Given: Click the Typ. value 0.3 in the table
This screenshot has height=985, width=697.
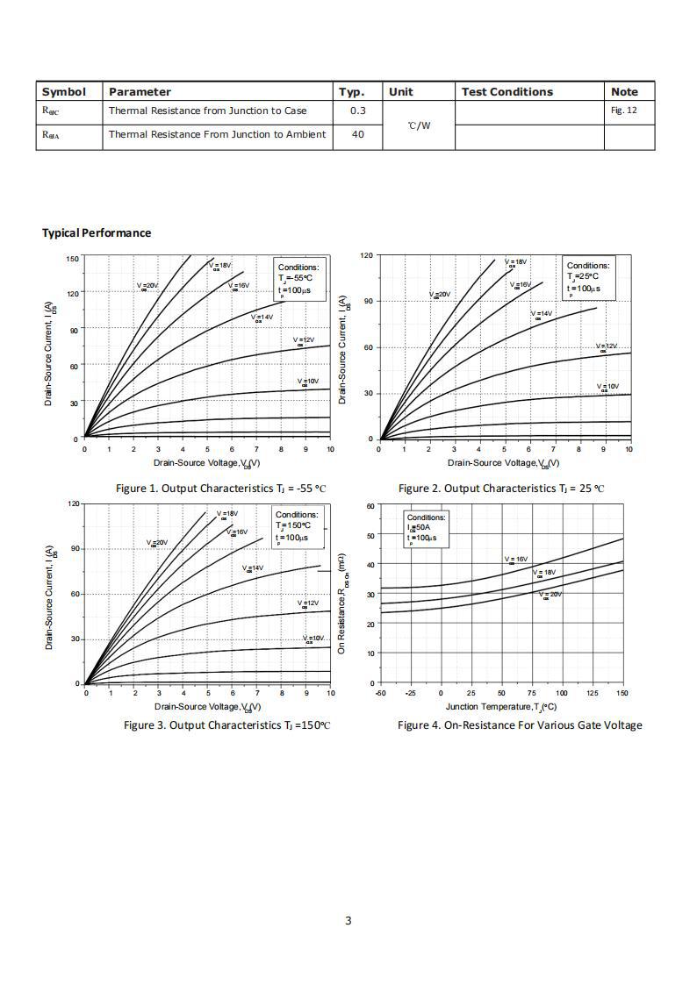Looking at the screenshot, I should coord(357,111).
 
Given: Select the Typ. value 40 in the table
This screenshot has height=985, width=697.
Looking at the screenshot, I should coord(357,134).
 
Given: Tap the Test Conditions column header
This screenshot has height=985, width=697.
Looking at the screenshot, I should coord(507,92).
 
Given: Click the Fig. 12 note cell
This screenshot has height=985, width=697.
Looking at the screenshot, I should coord(623,111).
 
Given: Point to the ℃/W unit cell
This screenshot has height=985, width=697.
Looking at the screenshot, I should coord(419,125).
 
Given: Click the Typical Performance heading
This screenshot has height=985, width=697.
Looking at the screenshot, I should coord(97,233).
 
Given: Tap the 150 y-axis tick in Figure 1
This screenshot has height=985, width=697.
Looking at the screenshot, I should coord(73,259).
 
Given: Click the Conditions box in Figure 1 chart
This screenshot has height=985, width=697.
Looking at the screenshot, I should coord(299,278).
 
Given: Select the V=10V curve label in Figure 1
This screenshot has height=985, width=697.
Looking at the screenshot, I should coord(308,382).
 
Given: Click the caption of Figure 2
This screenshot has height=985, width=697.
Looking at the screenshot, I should coord(501,489).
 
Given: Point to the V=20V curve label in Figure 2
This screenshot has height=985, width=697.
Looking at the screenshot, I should coord(440,296).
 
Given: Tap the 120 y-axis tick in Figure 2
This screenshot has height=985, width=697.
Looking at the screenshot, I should coord(367,255).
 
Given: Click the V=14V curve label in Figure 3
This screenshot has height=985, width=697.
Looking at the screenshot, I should coord(253,568).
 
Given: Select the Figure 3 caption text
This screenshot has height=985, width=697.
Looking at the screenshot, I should coord(226,725).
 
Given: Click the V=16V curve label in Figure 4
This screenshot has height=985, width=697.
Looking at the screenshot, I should coord(516,560).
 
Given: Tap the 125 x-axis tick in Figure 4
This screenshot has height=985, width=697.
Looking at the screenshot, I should coord(592,693).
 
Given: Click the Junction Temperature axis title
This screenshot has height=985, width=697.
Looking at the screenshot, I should coord(500,707).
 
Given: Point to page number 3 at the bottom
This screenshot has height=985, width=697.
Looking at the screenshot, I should coord(348,920).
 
